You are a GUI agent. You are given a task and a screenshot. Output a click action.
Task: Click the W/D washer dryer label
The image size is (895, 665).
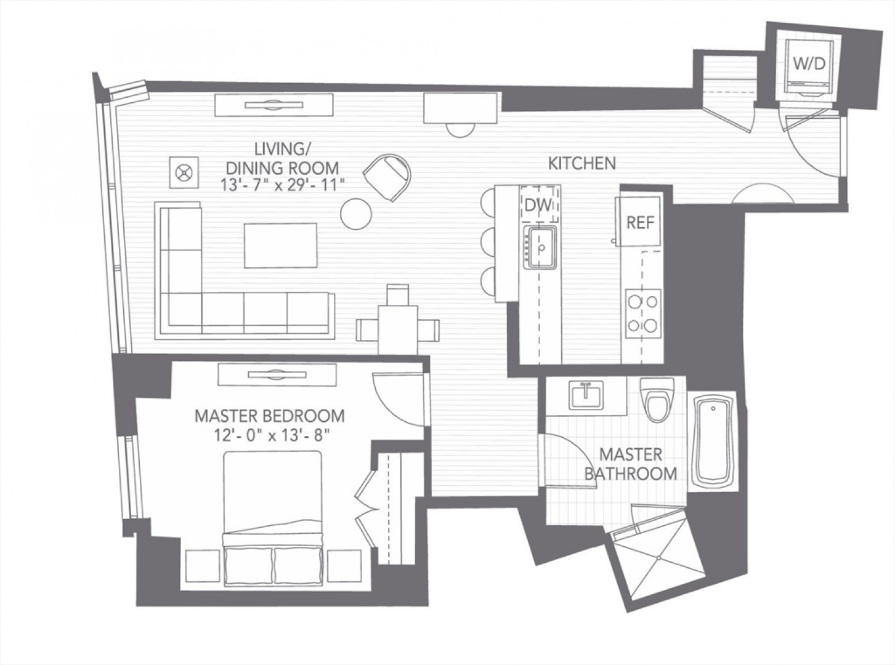809,63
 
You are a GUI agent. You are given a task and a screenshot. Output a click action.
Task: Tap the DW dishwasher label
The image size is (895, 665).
538,206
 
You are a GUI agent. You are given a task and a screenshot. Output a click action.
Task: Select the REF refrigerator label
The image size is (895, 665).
641,222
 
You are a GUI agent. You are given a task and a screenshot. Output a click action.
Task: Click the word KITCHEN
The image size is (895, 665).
582,163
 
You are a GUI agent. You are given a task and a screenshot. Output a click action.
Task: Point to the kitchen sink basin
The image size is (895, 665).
540,247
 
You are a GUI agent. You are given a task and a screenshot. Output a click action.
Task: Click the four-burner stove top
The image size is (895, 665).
643,313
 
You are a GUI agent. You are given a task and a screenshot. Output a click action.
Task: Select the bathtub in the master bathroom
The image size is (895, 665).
713,441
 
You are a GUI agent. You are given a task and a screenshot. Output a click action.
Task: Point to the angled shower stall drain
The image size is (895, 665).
658,558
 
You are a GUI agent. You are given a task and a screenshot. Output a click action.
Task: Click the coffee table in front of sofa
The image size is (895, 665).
280,245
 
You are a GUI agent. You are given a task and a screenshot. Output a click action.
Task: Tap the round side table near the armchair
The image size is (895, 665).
356,214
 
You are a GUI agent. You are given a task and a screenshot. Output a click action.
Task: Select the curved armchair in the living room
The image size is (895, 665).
387,177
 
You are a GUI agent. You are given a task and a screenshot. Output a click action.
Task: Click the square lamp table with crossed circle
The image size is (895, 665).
184,172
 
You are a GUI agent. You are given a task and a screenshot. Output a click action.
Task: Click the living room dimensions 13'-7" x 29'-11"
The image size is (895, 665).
282,185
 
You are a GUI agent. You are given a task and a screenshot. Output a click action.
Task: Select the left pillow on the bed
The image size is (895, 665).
249,566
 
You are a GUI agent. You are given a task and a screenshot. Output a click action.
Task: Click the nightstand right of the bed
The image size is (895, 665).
344,566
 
